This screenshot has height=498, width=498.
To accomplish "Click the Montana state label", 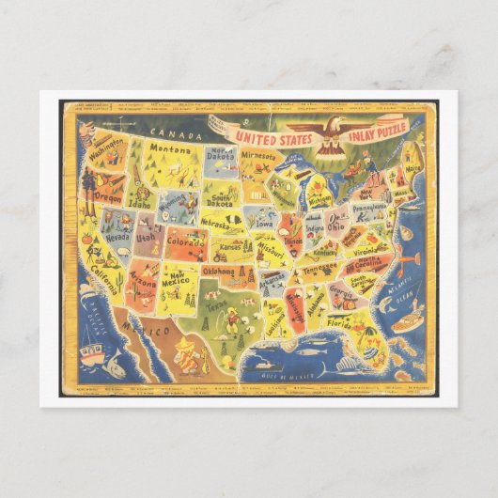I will [x=170, y=148].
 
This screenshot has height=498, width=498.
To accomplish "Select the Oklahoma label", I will [x=217, y=272].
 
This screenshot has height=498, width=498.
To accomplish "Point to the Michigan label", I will [x=321, y=198].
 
